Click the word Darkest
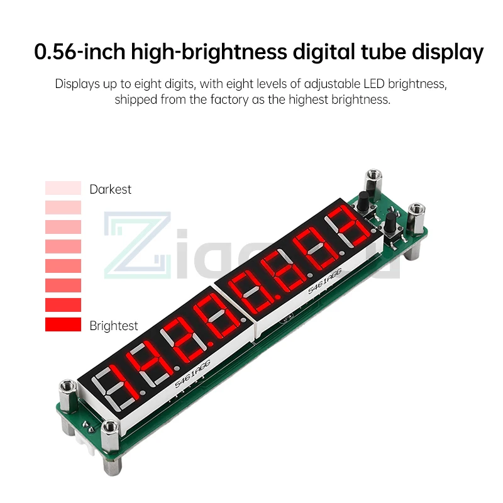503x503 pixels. (110, 189)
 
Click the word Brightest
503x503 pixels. (114, 326)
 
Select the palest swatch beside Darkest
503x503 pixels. (63, 188)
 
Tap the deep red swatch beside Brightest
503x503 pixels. (63, 325)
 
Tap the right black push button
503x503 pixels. (391, 222)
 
